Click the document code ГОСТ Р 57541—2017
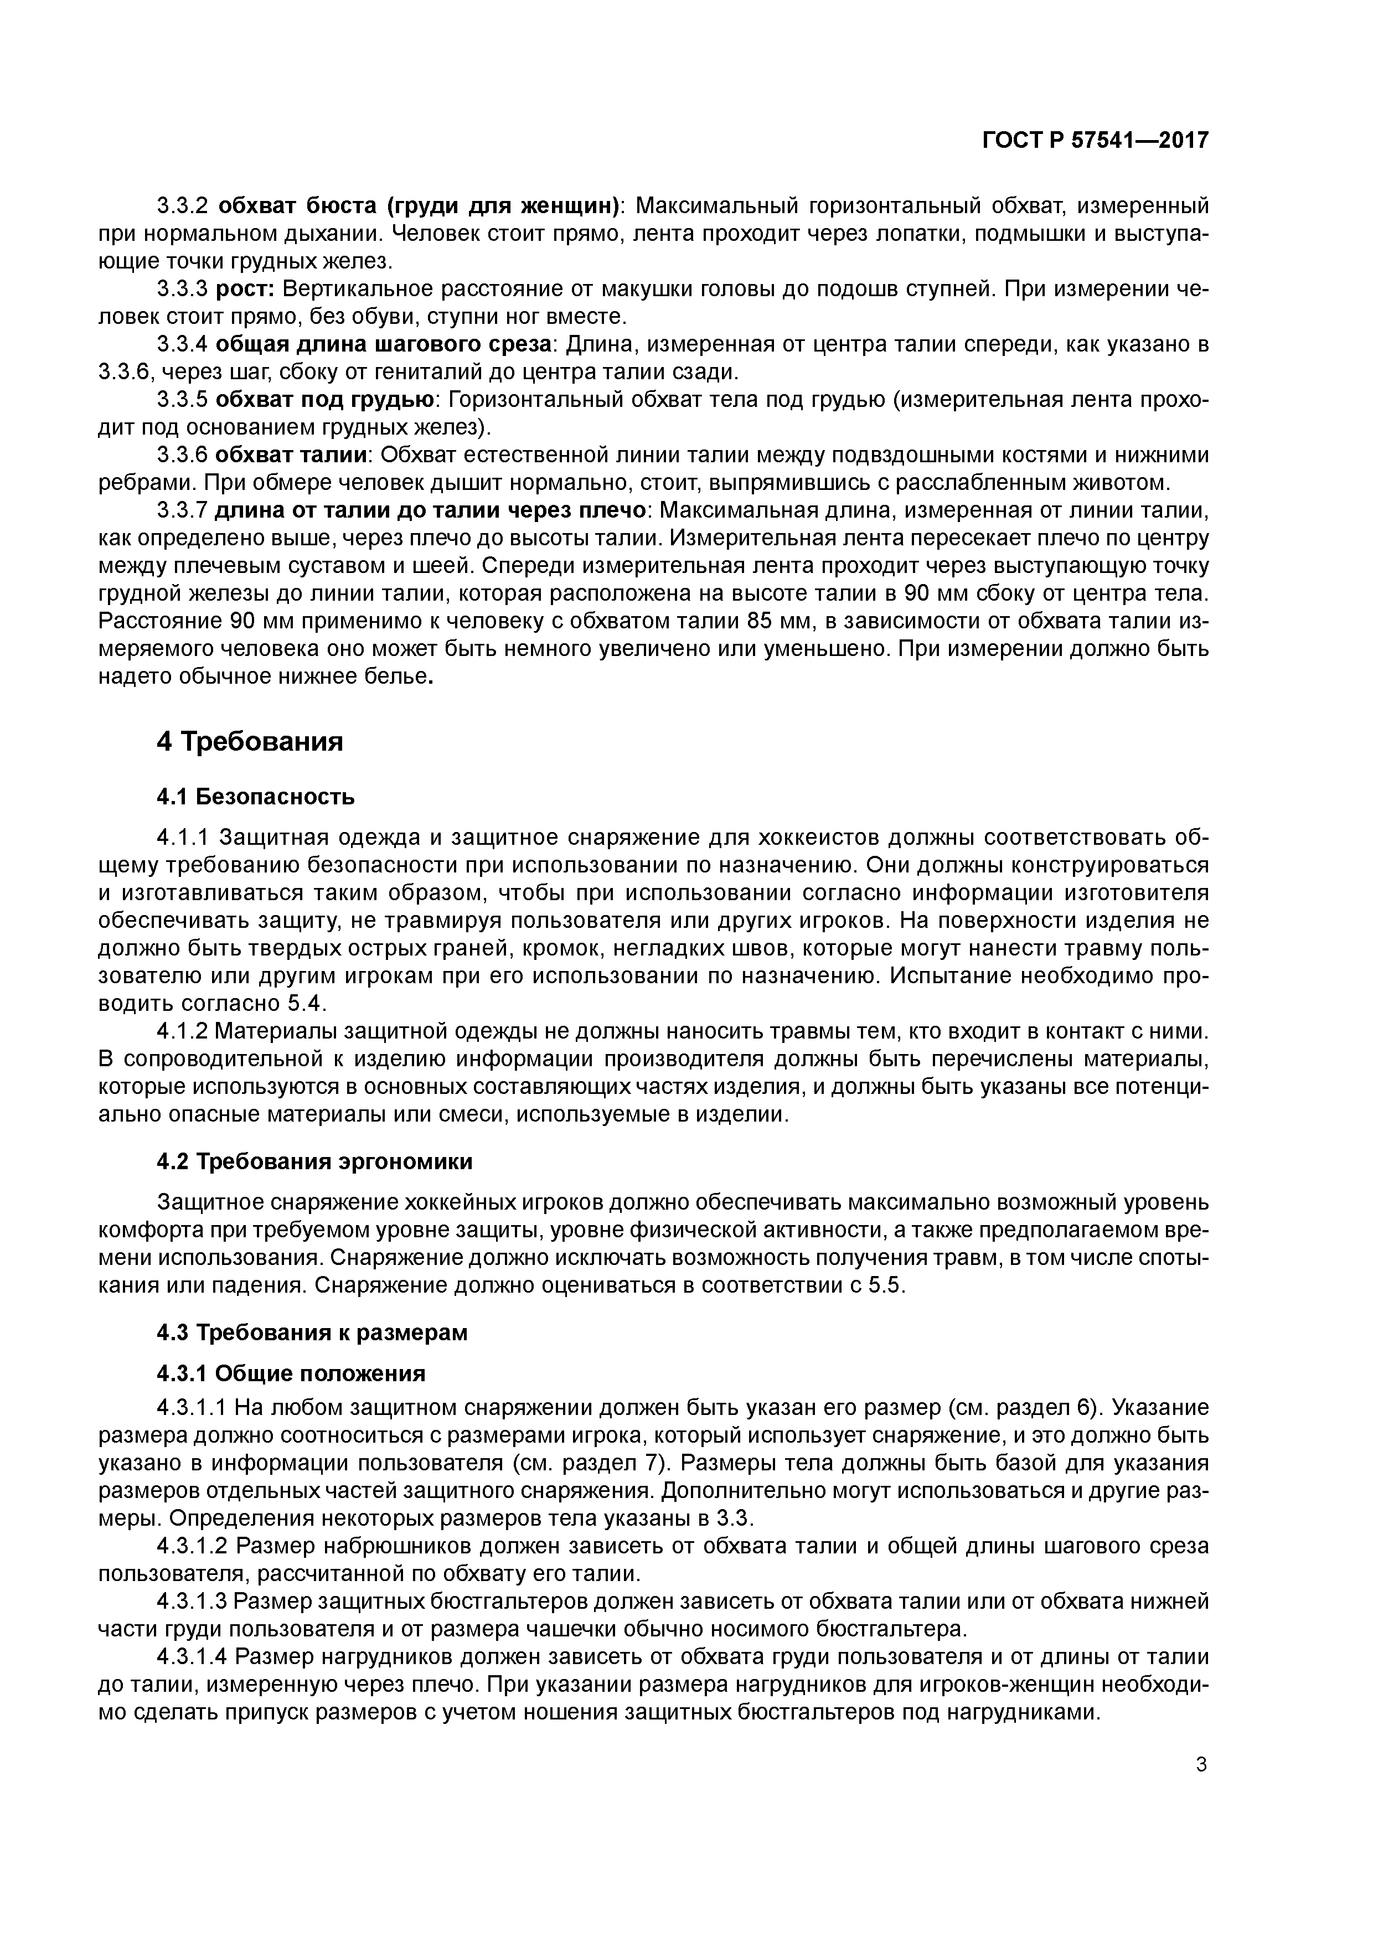click(1095, 141)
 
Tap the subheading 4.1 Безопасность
click(255, 797)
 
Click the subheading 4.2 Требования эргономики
click(314, 1161)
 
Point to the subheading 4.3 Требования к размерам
click(312, 1332)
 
